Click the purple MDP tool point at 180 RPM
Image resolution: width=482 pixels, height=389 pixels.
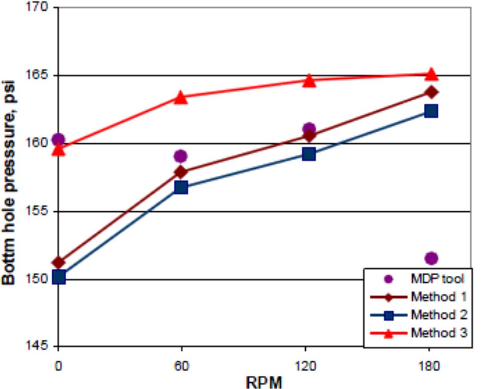tap(431, 258)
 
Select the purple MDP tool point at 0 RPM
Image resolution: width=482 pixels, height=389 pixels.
tap(58, 140)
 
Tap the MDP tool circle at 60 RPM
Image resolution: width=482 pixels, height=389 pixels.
tap(180, 156)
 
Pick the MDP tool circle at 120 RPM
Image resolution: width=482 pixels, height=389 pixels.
tap(309, 129)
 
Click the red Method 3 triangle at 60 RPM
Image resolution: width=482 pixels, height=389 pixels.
tap(181, 98)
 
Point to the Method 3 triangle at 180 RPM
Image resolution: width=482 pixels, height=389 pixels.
tap(431, 74)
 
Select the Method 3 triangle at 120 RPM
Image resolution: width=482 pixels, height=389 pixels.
tap(309, 80)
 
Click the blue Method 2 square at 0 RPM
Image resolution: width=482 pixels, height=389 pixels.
tap(59, 278)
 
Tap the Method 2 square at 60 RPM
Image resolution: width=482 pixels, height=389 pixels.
tap(181, 187)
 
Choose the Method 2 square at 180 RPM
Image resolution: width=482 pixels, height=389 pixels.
tap(431, 111)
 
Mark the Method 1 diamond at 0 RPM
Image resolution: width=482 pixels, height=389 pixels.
tap(59, 263)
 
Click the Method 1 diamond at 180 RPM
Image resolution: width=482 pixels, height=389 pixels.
tap(431, 92)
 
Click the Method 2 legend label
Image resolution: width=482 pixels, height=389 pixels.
tap(439, 315)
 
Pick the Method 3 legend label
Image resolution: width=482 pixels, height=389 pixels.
tap(439, 333)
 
